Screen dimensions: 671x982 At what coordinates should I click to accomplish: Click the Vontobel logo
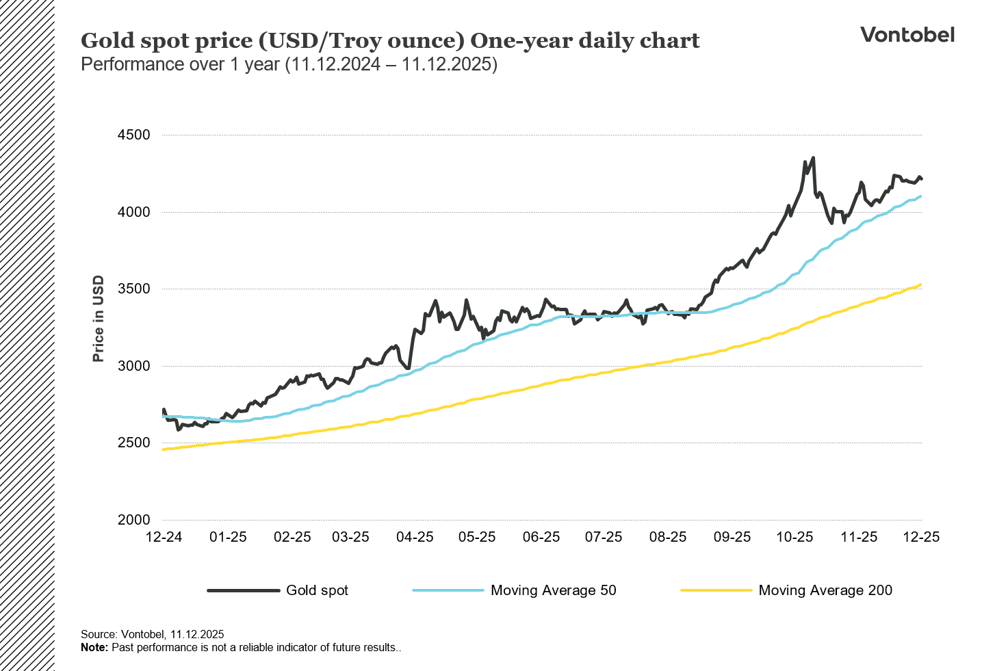(x=907, y=35)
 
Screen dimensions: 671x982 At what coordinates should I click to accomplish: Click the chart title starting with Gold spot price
(x=390, y=41)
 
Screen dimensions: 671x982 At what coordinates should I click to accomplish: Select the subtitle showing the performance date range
(x=289, y=65)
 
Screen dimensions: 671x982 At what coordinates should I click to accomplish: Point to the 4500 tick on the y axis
(x=133, y=135)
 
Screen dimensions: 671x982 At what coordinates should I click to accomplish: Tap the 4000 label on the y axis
(x=133, y=212)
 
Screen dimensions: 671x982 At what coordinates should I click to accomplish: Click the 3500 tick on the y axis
(x=133, y=289)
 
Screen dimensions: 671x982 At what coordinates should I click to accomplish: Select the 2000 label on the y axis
(x=133, y=520)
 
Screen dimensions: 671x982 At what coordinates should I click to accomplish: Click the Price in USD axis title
(x=99, y=319)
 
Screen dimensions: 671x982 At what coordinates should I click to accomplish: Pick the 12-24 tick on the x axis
(x=164, y=537)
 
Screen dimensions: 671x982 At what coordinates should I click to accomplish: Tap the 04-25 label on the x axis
(x=415, y=537)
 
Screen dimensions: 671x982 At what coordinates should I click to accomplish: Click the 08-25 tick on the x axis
(x=667, y=537)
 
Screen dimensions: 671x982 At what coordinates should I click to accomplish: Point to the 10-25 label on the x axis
(x=794, y=537)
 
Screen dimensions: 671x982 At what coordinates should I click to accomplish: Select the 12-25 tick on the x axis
(x=921, y=537)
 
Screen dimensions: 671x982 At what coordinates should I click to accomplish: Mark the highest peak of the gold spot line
(x=812, y=158)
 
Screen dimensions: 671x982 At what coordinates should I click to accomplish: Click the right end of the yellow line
(x=921, y=285)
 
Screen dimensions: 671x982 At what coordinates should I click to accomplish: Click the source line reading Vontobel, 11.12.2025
(x=152, y=634)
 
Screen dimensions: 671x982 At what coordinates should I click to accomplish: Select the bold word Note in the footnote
(x=94, y=647)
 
